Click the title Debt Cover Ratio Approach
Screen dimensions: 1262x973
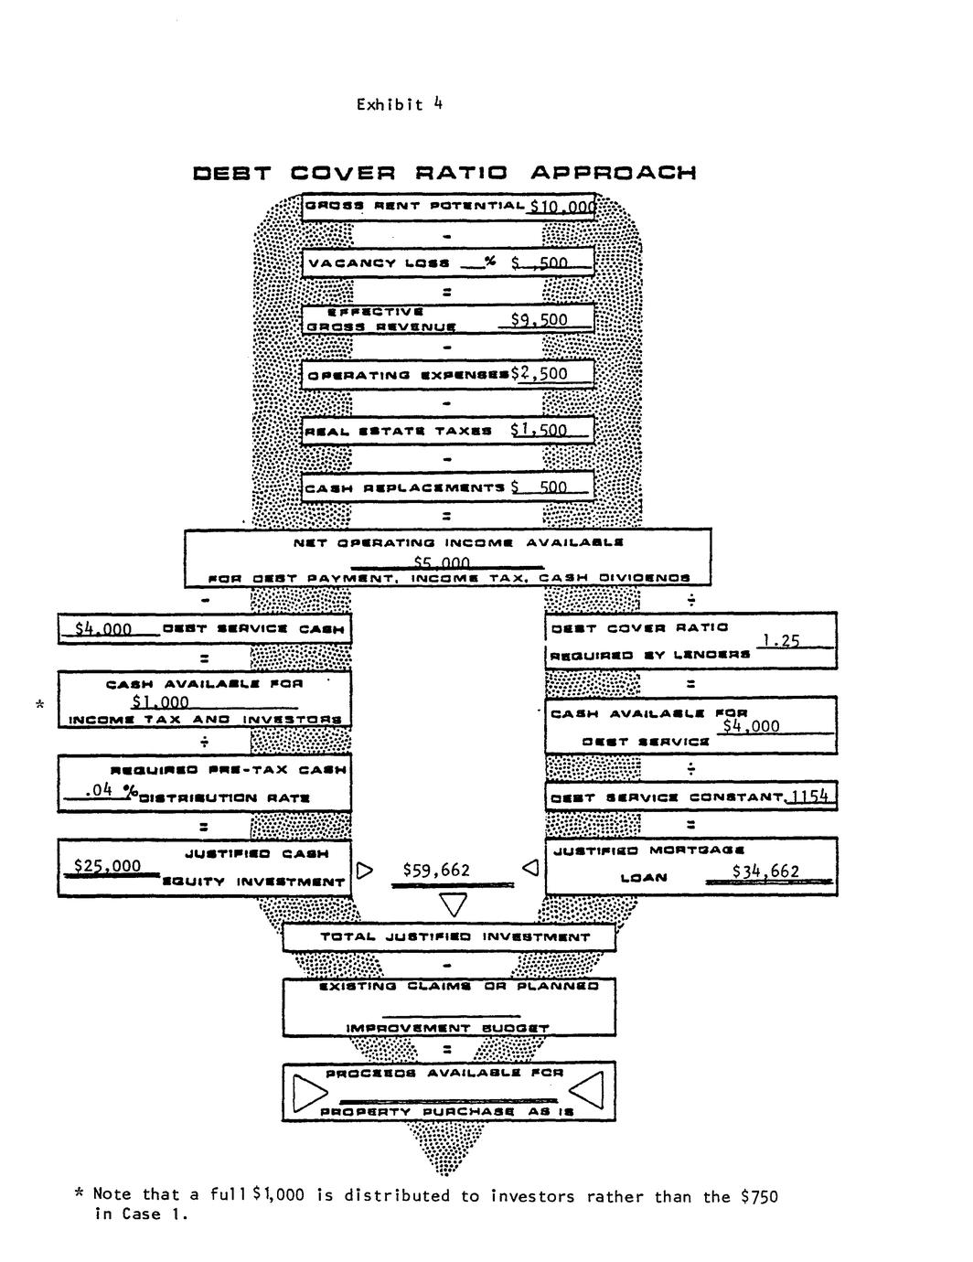tap(444, 173)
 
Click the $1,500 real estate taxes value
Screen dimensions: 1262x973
tap(539, 430)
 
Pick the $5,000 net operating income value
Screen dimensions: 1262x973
tap(442, 562)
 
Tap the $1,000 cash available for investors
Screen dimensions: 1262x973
tap(160, 701)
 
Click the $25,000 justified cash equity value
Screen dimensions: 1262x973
tap(108, 865)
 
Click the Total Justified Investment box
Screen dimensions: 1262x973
tap(448, 936)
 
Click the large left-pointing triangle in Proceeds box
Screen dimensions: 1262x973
tap(586, 1090)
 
